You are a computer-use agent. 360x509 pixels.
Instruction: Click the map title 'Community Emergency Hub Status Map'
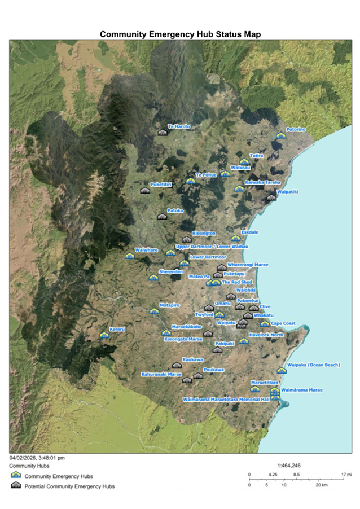click(x=180, y=34)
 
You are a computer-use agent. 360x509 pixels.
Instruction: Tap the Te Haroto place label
click(x=179, y=126)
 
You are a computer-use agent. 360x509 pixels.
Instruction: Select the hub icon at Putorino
click(x=281, y=135)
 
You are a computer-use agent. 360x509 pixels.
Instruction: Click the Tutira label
click(x=256, y=155)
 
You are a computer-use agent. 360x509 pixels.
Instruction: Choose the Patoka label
click(x=175, y=210)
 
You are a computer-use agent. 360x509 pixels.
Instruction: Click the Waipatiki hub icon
click(x=272, y=197)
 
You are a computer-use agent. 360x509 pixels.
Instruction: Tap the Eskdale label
click(x=249, y=232)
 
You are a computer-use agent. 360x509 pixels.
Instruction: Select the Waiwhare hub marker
click(x=130, y=256)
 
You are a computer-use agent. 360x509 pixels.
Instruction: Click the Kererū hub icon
click(x=103, y=335)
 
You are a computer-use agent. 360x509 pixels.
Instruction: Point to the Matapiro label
click(x=169, y=305)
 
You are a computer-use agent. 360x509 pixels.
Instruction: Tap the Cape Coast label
click(x=283, y=323)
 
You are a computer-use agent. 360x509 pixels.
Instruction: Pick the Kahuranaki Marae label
click(x=161, y=374)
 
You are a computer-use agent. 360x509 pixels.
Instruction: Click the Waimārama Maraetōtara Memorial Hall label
click(x=226, y=399)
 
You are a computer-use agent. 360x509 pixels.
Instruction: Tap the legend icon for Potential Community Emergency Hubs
click(x=16, y=486)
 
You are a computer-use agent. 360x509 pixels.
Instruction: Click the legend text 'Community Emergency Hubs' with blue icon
click(x=58, y=476)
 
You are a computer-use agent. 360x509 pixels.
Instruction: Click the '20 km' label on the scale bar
click(x=322, y=485)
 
